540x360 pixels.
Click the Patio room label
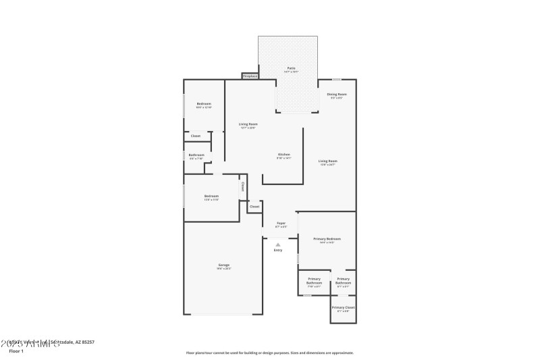point(291,68)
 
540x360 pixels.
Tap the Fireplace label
point(250,76)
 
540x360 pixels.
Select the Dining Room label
point(336,95)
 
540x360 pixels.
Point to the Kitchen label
point(283,155)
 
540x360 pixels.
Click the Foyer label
point(281,223)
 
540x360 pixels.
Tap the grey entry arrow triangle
point(277,244)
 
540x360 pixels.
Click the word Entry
point(277,251)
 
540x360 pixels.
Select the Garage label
point(223,265)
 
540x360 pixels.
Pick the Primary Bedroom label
point(327,239)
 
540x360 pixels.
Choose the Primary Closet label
point(343,307)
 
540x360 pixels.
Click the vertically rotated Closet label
point(242,186)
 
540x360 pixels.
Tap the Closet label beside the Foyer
point(254,206)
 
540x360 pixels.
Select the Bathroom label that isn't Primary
point(196,155)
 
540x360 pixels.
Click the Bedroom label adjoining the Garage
point(211,196)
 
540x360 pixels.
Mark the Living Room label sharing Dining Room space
point(328,161)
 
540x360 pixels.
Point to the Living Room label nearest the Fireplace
point(248,124)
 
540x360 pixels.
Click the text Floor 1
point(16,351)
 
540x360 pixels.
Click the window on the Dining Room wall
point(336,80)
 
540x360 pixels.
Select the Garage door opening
point(224,314)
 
